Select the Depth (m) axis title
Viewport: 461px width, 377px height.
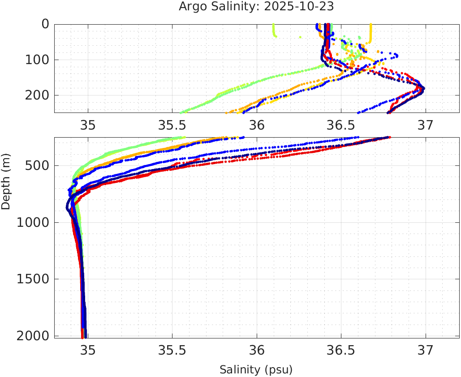tap(6, 181)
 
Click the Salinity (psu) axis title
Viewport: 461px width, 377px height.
tap(256, 370)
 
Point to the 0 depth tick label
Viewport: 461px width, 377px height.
tap(45, 24)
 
